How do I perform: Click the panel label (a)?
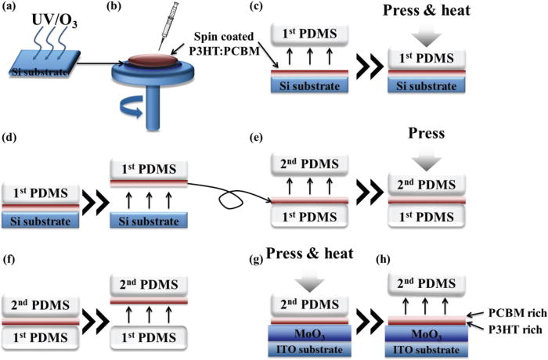[x=11, y=9]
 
